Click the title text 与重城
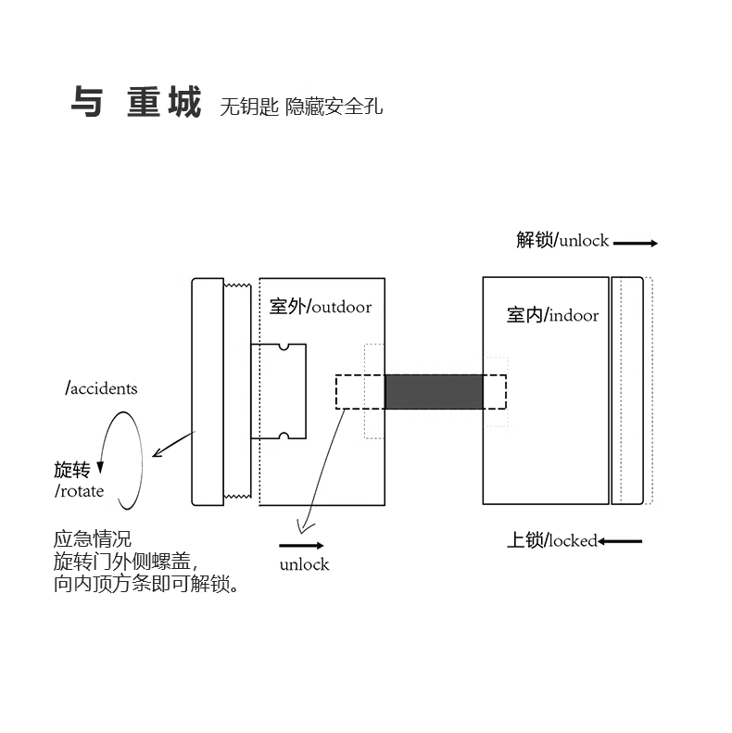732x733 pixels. [135, 104]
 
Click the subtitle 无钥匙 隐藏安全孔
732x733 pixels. [301, 107]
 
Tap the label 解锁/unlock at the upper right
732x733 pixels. [562, 240]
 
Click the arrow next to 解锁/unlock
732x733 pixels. [635, 243]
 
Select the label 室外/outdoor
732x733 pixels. [320, 306]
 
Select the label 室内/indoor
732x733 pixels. [552, 315]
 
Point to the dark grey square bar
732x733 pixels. [434, 391]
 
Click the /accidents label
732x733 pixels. [101, 387]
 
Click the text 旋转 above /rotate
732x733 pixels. [72, 470]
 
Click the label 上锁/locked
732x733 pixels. [551, 540]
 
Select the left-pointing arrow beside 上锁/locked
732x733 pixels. [620, 541]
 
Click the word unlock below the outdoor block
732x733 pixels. [304, 563]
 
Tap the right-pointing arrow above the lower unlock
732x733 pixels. [301, 545]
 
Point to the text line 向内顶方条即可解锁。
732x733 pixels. [145, 585]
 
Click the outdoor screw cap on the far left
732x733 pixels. [207, 391]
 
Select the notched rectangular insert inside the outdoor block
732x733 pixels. [279, 390]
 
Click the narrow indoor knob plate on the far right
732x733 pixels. [627, 390]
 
